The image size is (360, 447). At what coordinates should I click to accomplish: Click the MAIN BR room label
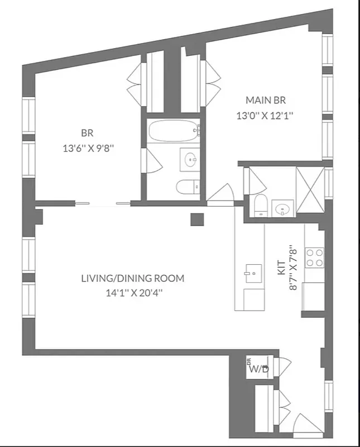click(x=266, y=101)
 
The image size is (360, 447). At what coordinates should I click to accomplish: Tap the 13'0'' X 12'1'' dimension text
click(x=266, y=116)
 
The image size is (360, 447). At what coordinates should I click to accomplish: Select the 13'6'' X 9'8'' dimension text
click(x=87, y=149)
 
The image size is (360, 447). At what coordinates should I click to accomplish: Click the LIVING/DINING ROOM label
click(x=132, y=278)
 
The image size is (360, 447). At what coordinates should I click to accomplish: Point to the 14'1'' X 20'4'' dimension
click(x=132, y=292)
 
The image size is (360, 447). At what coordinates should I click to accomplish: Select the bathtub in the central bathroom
click(x=172, y=132)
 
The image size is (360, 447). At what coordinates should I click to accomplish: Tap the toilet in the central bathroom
click(x=186, y=186)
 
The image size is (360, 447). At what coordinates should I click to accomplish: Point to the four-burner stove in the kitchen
click(x=315, y=257)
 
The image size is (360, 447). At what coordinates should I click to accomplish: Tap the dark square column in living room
click(x=196, y=219)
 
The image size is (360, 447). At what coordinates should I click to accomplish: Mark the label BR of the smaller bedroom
click(x=87, y=134)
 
